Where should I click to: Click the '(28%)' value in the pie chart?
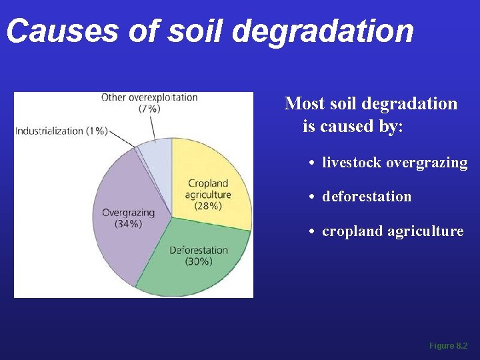[x=208, y=206]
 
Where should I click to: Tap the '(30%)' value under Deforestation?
[x=198, y=261]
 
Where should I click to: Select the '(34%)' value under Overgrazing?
[x=128, y=224]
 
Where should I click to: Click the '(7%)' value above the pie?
[x=149, y=108]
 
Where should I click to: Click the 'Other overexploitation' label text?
[x=149, y=97]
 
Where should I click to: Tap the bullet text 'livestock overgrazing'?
[x=395, y=162]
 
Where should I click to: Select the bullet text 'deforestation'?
[x=367, y=197]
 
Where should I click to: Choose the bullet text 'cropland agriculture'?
[x=393, y=231]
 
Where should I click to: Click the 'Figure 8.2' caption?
[x=448, y=346]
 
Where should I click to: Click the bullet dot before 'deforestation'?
[x=312, y=197]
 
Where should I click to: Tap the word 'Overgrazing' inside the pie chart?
[x=128, y=213]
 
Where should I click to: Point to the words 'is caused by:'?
[x=353, y=126]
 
